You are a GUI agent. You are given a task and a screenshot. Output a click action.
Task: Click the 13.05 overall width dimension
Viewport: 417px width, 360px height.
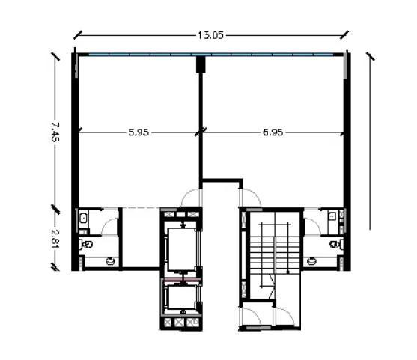[210, 35]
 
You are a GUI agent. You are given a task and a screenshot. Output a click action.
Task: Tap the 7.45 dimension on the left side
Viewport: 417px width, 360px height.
[55, 132]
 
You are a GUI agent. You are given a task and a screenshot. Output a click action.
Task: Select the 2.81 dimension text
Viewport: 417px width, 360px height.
[55, 239]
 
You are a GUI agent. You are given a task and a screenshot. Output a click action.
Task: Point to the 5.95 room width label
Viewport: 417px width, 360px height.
[139, 132]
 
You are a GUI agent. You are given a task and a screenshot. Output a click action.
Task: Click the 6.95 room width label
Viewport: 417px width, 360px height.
[273, 132]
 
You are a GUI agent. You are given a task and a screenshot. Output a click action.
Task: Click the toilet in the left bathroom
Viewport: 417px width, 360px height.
[85, 244]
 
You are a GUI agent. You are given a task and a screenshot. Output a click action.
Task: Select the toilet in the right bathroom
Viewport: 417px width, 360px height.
[336, 244]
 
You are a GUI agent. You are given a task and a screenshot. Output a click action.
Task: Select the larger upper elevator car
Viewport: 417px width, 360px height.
[183, 249]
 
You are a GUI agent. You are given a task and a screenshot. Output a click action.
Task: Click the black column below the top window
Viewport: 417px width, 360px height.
[201, 64]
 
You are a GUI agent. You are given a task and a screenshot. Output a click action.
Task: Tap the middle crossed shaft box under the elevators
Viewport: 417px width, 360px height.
[179, 323]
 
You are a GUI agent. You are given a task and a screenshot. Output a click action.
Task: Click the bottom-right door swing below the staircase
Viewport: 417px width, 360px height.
[284, 316]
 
